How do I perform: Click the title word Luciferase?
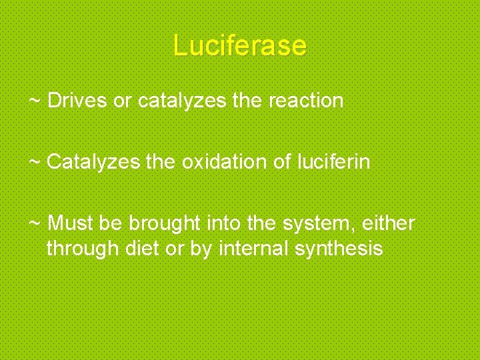click(x=239, y=45)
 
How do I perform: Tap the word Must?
click(x=67, y=222)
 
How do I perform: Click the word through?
click(x=83, y=249)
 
